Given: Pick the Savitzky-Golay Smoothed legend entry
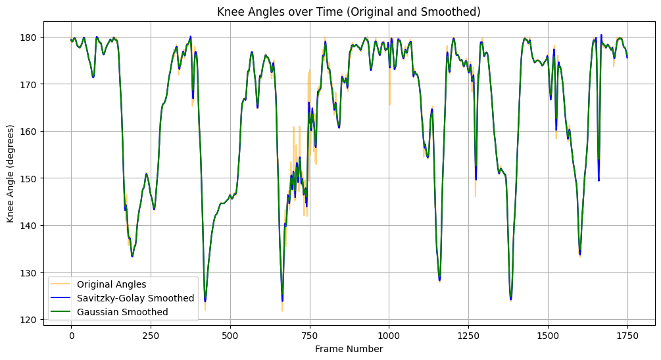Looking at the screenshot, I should click(x=135, y=298).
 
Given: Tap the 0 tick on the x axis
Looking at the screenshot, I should click(x=72, y=335).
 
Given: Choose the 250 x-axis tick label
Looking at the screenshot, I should click(x=151, y=335).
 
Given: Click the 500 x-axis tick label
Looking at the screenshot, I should click(x=230, y=335).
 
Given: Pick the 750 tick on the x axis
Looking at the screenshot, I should click(x=310, y=335).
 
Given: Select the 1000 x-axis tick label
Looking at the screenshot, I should click(x=389, y=335).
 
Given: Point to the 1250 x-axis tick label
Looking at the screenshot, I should click(x=468, y=335).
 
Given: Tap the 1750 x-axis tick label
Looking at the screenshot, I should click(x=627, y=335).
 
